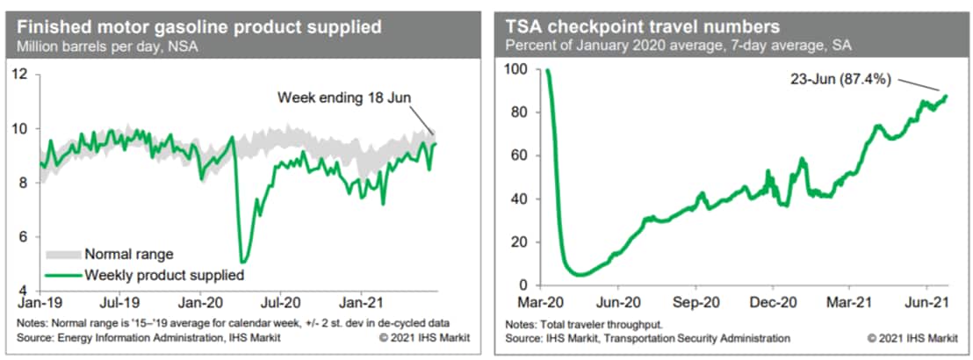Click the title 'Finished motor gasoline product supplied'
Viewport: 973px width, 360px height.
pyautogui.click(x=198, y=26)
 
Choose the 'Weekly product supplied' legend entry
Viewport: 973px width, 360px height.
pyautogui.click(x=163, y=275)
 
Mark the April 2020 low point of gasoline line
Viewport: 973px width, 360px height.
pyautogui.click(x=242, y=262)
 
